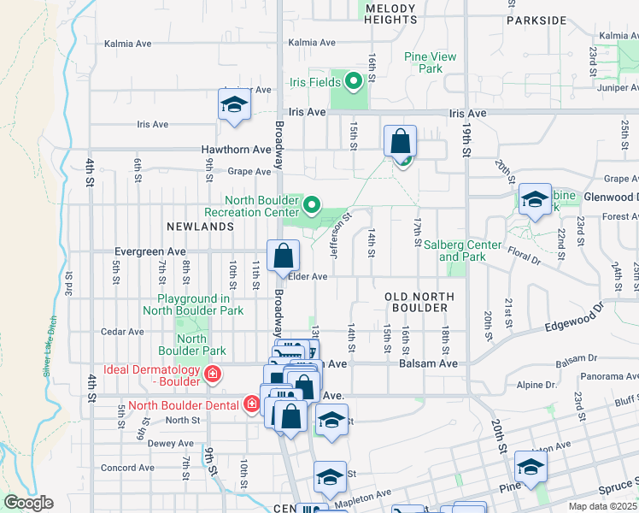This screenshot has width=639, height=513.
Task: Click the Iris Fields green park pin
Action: tap(353, 82)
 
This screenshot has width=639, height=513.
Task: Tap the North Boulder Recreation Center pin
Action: tap(312, 205)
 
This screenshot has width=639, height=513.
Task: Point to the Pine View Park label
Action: tap(431, 62)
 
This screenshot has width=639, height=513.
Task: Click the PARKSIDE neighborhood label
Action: tap(536, 20)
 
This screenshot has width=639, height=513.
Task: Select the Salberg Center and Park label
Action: tap(462, 251)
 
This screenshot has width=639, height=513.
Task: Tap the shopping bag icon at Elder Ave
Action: tap(283, 255)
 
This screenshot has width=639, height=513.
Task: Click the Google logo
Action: tap(28, 504)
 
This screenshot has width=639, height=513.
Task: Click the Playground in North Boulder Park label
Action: tap(193, 304)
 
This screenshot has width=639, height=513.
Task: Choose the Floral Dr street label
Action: tap(530, 253)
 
